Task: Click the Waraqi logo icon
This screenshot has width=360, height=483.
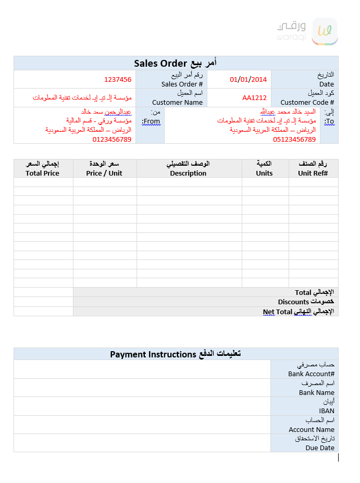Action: tap(324, 32)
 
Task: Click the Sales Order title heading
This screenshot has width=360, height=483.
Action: tap(176, 63)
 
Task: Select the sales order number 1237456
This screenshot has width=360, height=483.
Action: tap(118, 80)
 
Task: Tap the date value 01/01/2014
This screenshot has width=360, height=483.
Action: tap(248, 80)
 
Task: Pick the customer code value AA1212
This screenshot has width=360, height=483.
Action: tap(254, 98)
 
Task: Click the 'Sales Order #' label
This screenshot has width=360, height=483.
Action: tap(182, 84)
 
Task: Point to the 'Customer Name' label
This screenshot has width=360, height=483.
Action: tap(177, 102)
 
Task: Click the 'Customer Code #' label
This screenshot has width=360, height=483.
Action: tap(307, 102)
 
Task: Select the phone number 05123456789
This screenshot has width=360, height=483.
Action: tap(294, 139)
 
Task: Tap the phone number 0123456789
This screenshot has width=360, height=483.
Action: tap(112, 139)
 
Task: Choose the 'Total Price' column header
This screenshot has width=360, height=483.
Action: tap(43, 173)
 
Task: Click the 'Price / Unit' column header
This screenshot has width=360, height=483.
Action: tap(104, 173)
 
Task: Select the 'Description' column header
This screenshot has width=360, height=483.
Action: tap(188, 173)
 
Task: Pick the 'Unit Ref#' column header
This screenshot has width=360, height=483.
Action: tap(313, 173)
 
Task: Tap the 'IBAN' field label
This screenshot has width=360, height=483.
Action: tap(327, 411)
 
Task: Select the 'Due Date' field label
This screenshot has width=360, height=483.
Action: tap(320, 448)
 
